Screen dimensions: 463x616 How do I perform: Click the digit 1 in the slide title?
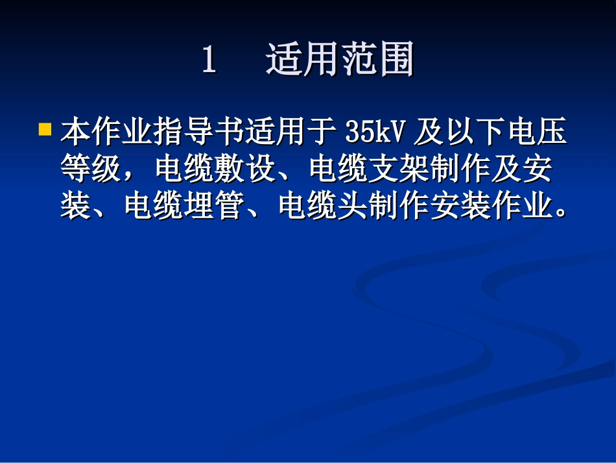tap(209, 62)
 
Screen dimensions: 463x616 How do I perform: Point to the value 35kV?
tap(375, 132)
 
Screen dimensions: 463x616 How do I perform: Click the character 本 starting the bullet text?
tap(74, 132)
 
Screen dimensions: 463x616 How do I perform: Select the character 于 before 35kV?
tap(322, 132)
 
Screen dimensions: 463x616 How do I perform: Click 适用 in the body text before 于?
tap(276, 132)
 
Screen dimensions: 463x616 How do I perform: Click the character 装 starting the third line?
tap(74, 208)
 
